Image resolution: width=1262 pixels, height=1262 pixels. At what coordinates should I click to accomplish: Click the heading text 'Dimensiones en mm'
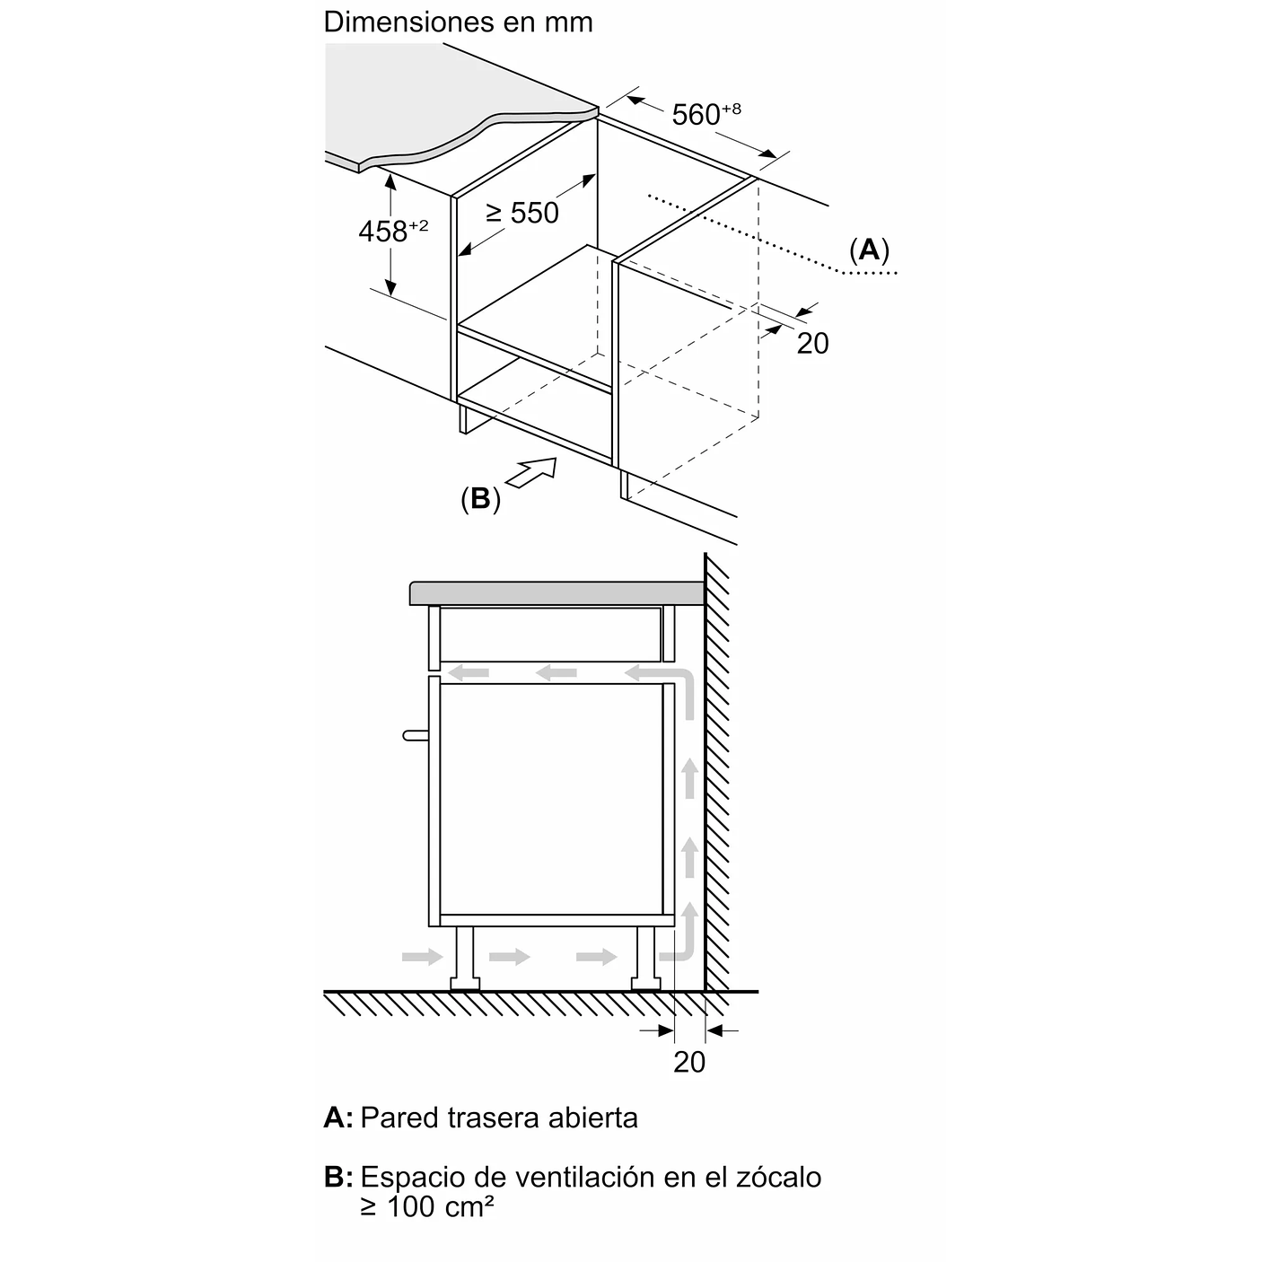(458, 22)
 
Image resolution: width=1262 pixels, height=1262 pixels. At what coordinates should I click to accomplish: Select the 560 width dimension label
(705, 114)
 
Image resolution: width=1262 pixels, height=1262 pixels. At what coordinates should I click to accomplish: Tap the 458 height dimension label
(392, 231)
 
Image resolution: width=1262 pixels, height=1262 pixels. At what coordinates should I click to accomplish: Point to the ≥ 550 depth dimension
(522, 213)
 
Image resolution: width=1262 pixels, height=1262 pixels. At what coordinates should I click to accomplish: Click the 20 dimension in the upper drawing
(812, 343)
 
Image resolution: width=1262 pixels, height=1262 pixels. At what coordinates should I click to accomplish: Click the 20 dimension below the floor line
(689, 1062)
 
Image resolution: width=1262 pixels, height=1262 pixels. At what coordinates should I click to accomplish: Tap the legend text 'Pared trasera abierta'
(499, 1117)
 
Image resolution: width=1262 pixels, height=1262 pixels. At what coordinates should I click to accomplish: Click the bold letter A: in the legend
(338, 1117)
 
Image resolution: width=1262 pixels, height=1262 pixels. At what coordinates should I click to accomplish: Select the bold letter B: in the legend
(338, 1177)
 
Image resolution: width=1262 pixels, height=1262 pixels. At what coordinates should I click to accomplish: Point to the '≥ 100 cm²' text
(427, 1206)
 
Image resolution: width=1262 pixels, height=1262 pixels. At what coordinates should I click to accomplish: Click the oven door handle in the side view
(416, 735)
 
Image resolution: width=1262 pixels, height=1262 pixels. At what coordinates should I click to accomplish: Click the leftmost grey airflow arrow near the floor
(423, 957)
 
